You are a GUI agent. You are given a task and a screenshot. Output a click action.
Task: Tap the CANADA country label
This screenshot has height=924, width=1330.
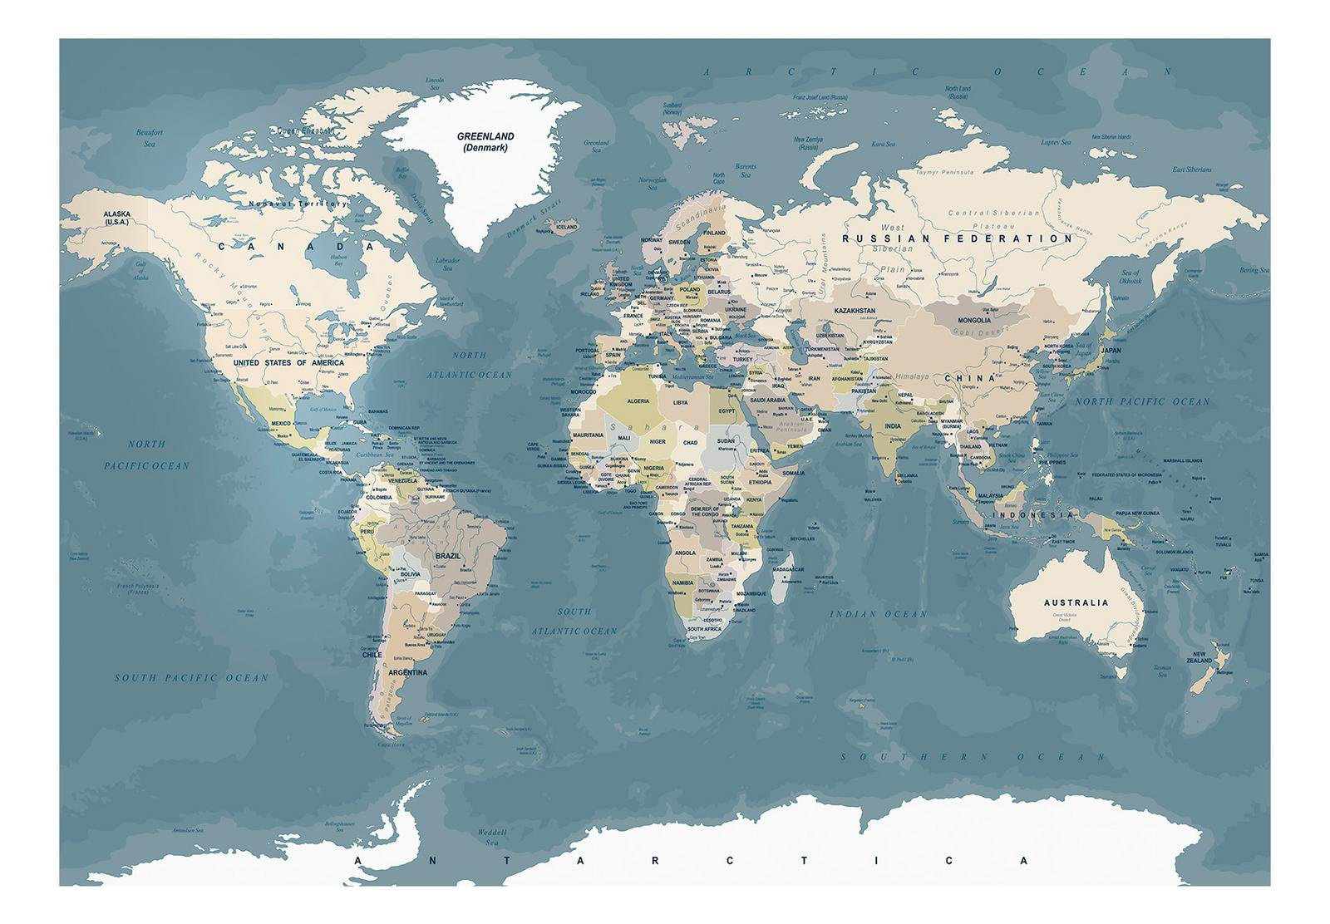click(x=296, y=246)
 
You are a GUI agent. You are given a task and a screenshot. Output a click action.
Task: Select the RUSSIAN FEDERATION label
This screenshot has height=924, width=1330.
click(x=958, y=238)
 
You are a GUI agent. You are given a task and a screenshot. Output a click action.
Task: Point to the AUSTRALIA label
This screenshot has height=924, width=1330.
click(x=1076, y=602)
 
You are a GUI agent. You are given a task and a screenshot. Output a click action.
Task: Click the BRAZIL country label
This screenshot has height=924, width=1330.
click(x=447, y=556)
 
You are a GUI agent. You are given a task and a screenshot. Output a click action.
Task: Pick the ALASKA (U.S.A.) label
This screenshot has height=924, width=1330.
click(x=117, y=218)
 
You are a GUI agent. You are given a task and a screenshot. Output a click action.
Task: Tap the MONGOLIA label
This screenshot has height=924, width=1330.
click(x=973, y=320)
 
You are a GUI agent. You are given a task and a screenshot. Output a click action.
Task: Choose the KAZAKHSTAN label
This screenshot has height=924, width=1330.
click(x=855, y=311)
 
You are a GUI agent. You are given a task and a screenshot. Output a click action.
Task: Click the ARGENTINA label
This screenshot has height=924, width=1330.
click(x=407, y=672)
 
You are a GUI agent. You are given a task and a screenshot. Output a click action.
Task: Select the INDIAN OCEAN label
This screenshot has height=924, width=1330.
click(x=878, y=614)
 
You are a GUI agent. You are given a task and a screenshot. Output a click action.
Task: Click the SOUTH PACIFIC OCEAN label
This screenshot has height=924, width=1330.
click(x=191, y=677)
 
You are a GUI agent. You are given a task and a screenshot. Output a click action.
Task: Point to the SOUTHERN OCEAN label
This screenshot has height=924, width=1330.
click(x=973, y=757)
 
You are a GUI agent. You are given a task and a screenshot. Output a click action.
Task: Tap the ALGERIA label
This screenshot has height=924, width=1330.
click(x=637, y=401)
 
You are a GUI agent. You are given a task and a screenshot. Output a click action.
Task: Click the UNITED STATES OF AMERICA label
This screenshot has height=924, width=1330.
click(x=288, y=363)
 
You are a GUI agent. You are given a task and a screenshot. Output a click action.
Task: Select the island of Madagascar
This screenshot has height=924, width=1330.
click(x=780, y=582)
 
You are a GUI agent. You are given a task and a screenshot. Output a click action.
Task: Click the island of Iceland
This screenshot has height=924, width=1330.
click(x=565, y=228)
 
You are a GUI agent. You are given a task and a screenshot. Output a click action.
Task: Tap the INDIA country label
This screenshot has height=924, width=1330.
click(x=892, y=426)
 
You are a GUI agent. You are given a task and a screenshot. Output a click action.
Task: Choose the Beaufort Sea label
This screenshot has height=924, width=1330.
click(x=150, y=138)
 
